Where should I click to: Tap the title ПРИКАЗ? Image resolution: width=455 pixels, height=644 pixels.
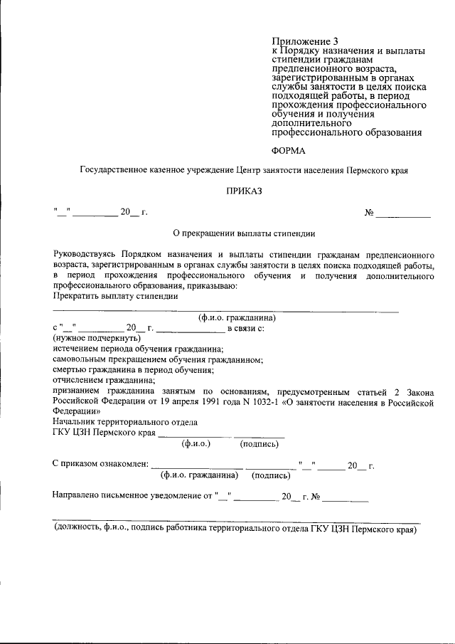(244, 191)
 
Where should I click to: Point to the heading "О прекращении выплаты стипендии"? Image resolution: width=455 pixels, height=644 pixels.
(244, 233)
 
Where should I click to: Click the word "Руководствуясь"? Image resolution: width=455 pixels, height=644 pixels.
(83, 254)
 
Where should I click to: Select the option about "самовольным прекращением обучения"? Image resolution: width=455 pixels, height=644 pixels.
(158, 360)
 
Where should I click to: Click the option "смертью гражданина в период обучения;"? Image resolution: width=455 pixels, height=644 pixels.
(134, 371)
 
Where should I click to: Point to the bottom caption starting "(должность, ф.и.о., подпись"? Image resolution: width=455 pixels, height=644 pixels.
(235, 529)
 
